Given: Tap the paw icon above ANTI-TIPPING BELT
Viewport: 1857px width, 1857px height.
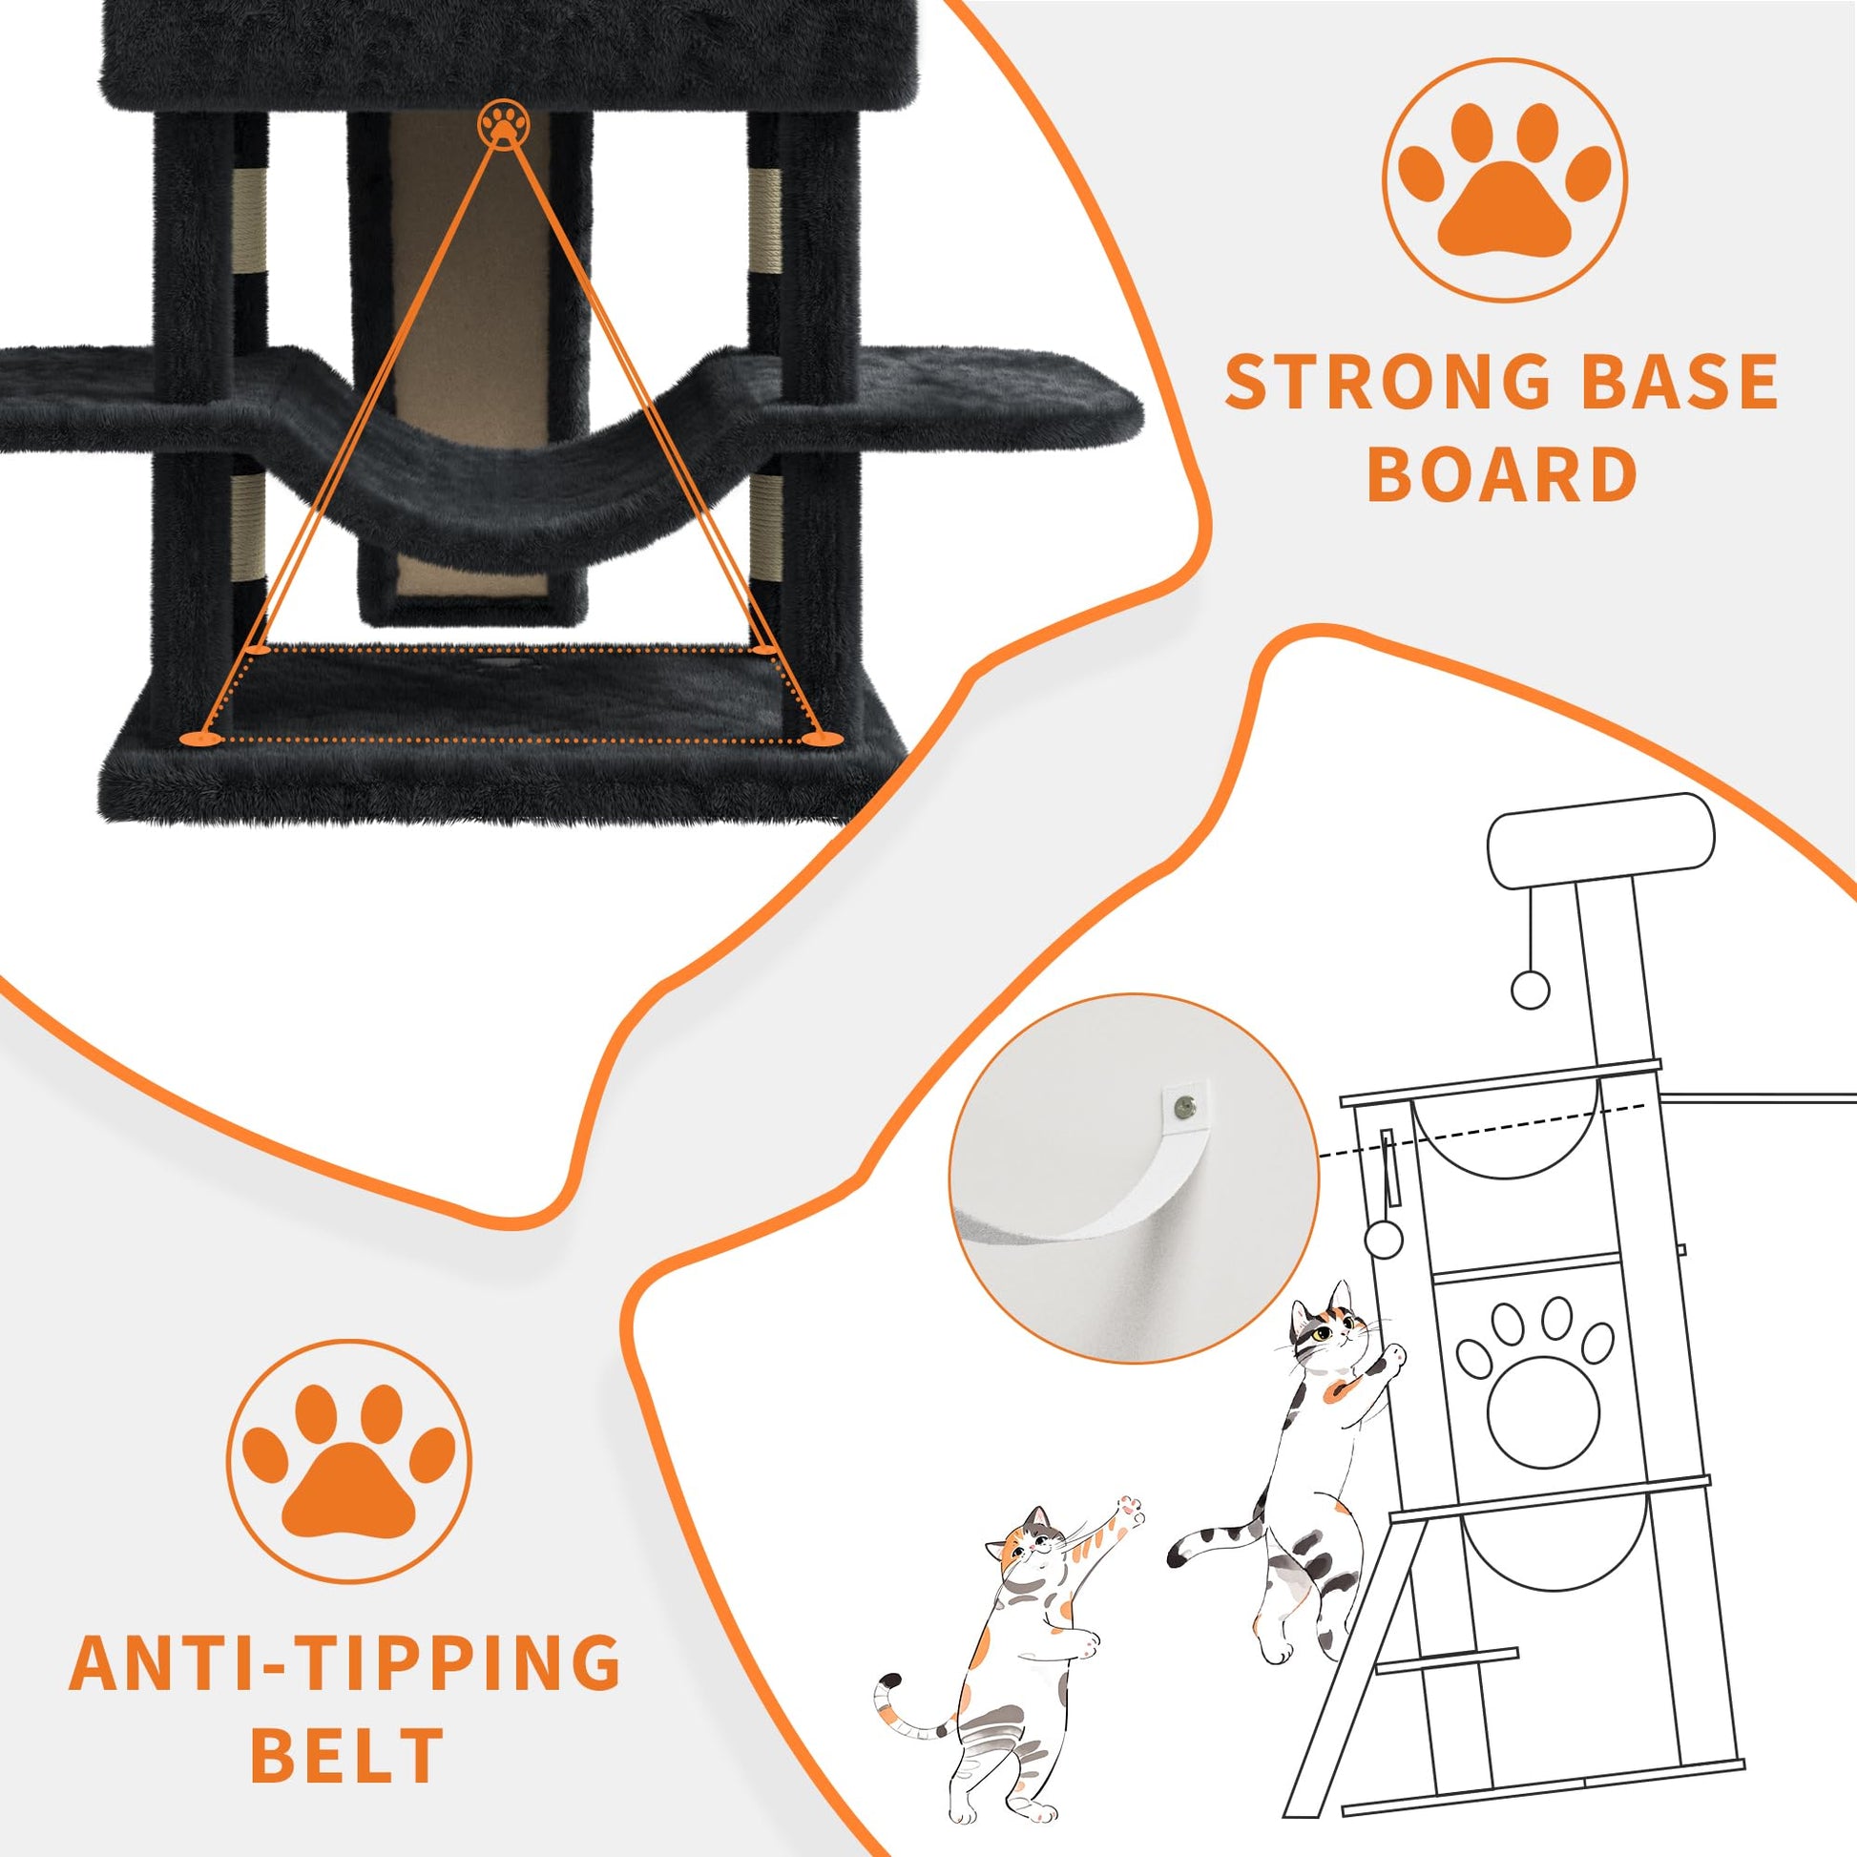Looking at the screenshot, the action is coord(348,1457).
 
